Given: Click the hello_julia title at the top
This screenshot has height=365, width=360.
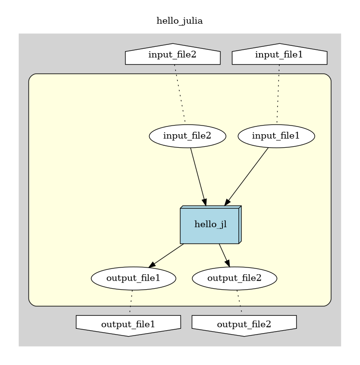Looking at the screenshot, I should point(180,21).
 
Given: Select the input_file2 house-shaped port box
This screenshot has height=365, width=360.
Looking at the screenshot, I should point(172,55).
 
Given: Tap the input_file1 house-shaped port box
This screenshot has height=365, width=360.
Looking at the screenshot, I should point(279,55).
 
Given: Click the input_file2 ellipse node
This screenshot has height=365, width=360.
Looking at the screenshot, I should point(188,136).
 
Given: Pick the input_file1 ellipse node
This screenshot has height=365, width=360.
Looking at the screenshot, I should point(277,136).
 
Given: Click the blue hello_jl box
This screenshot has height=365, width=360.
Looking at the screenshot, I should point(210,225).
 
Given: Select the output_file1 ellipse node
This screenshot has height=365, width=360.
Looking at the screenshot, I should point(133,278).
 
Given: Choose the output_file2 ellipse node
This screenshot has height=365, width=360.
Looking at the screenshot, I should point(235,278).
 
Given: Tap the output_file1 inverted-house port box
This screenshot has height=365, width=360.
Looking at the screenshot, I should point(128,324).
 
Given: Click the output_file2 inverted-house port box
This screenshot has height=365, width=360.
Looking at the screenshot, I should point(244,324).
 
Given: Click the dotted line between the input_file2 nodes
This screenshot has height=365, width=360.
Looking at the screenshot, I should point(180,95).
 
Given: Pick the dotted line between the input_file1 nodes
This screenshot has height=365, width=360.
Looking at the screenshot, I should point(278,95).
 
